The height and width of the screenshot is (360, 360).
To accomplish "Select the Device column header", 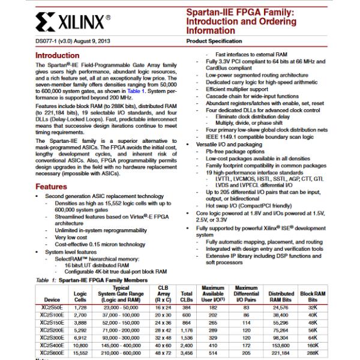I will click(52, 299).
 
